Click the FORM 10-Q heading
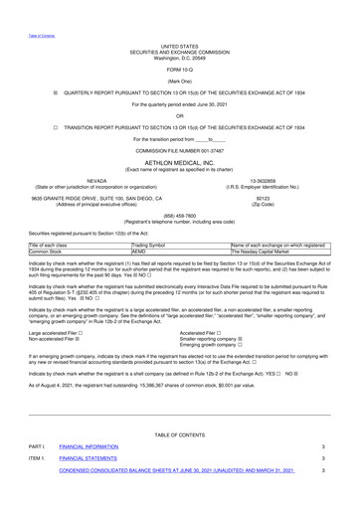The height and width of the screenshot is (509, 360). point(179,67)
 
